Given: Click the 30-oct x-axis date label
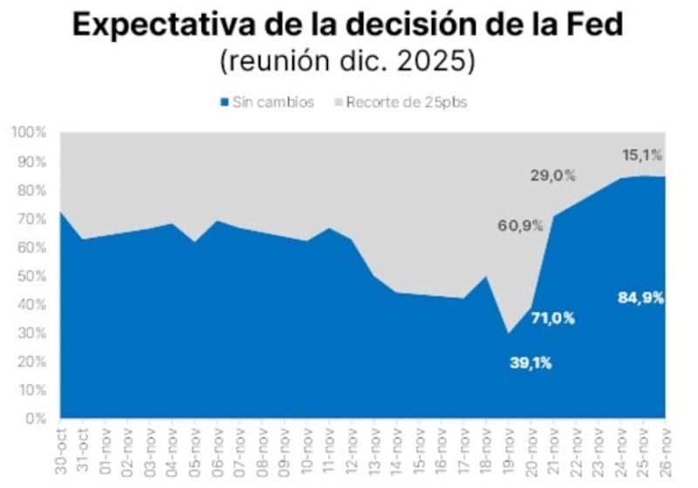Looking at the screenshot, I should pos(63,450).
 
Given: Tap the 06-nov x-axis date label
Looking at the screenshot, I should pos(219,450).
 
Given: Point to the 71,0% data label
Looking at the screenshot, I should pos(553,318).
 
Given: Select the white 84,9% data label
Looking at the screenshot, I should pos(641,297).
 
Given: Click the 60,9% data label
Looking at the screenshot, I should pos(521,225).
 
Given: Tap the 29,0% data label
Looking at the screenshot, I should pos(553,175).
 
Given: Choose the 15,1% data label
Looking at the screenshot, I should pos(642,155).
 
